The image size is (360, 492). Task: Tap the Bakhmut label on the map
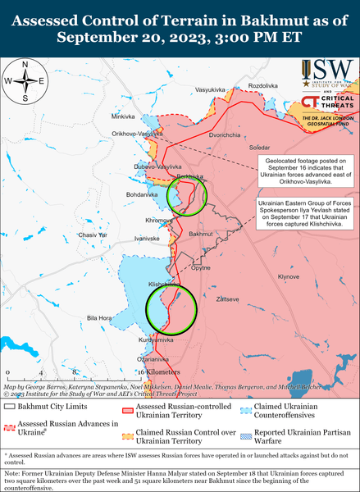coord(200,235)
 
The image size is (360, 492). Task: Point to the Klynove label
coord(289,277)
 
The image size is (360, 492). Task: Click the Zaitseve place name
coord(225,300)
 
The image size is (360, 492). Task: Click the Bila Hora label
coord(99,317)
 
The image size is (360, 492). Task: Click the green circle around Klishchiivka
coord(170,308)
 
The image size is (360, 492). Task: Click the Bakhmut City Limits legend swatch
coord(11,407)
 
